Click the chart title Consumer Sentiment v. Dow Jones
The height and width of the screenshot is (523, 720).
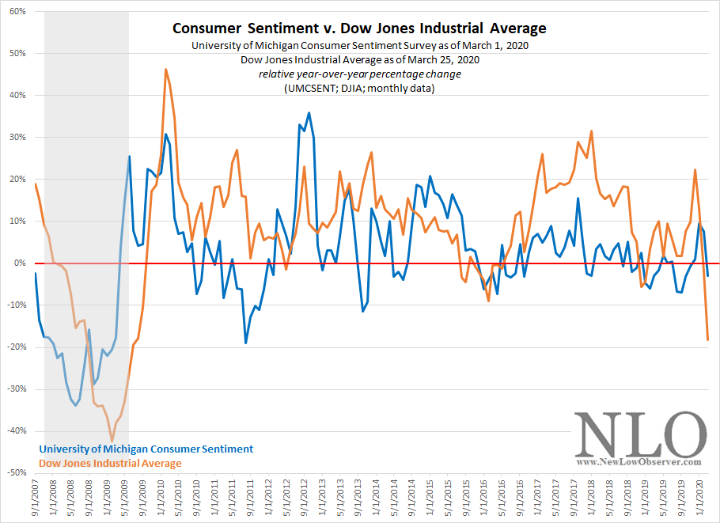click(x=360, y=29)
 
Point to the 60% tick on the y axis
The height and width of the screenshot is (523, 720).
click(x=17, y=12)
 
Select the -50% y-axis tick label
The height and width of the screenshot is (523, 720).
click(x=15, y=472)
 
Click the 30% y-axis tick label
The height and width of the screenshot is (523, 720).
click(x=17, y=137)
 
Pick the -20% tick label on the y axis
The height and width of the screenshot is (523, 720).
click(x=15, y=347)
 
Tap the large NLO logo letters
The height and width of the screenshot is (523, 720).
click(x=639, y=434)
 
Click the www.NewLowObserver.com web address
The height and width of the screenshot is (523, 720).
click(x=639, y=461)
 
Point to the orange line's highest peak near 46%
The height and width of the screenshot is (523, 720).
click(x=166, y=69)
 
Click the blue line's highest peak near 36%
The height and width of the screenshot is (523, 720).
click(x=309, y=112)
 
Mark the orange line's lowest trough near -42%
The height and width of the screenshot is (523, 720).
click(x=112, y=441)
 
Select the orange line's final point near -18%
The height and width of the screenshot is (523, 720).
click(x=707, y=339)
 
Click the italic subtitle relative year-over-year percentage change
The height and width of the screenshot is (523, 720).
click(x=360, y=74)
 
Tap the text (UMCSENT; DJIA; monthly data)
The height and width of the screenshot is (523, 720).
click(x=360, y=88)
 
